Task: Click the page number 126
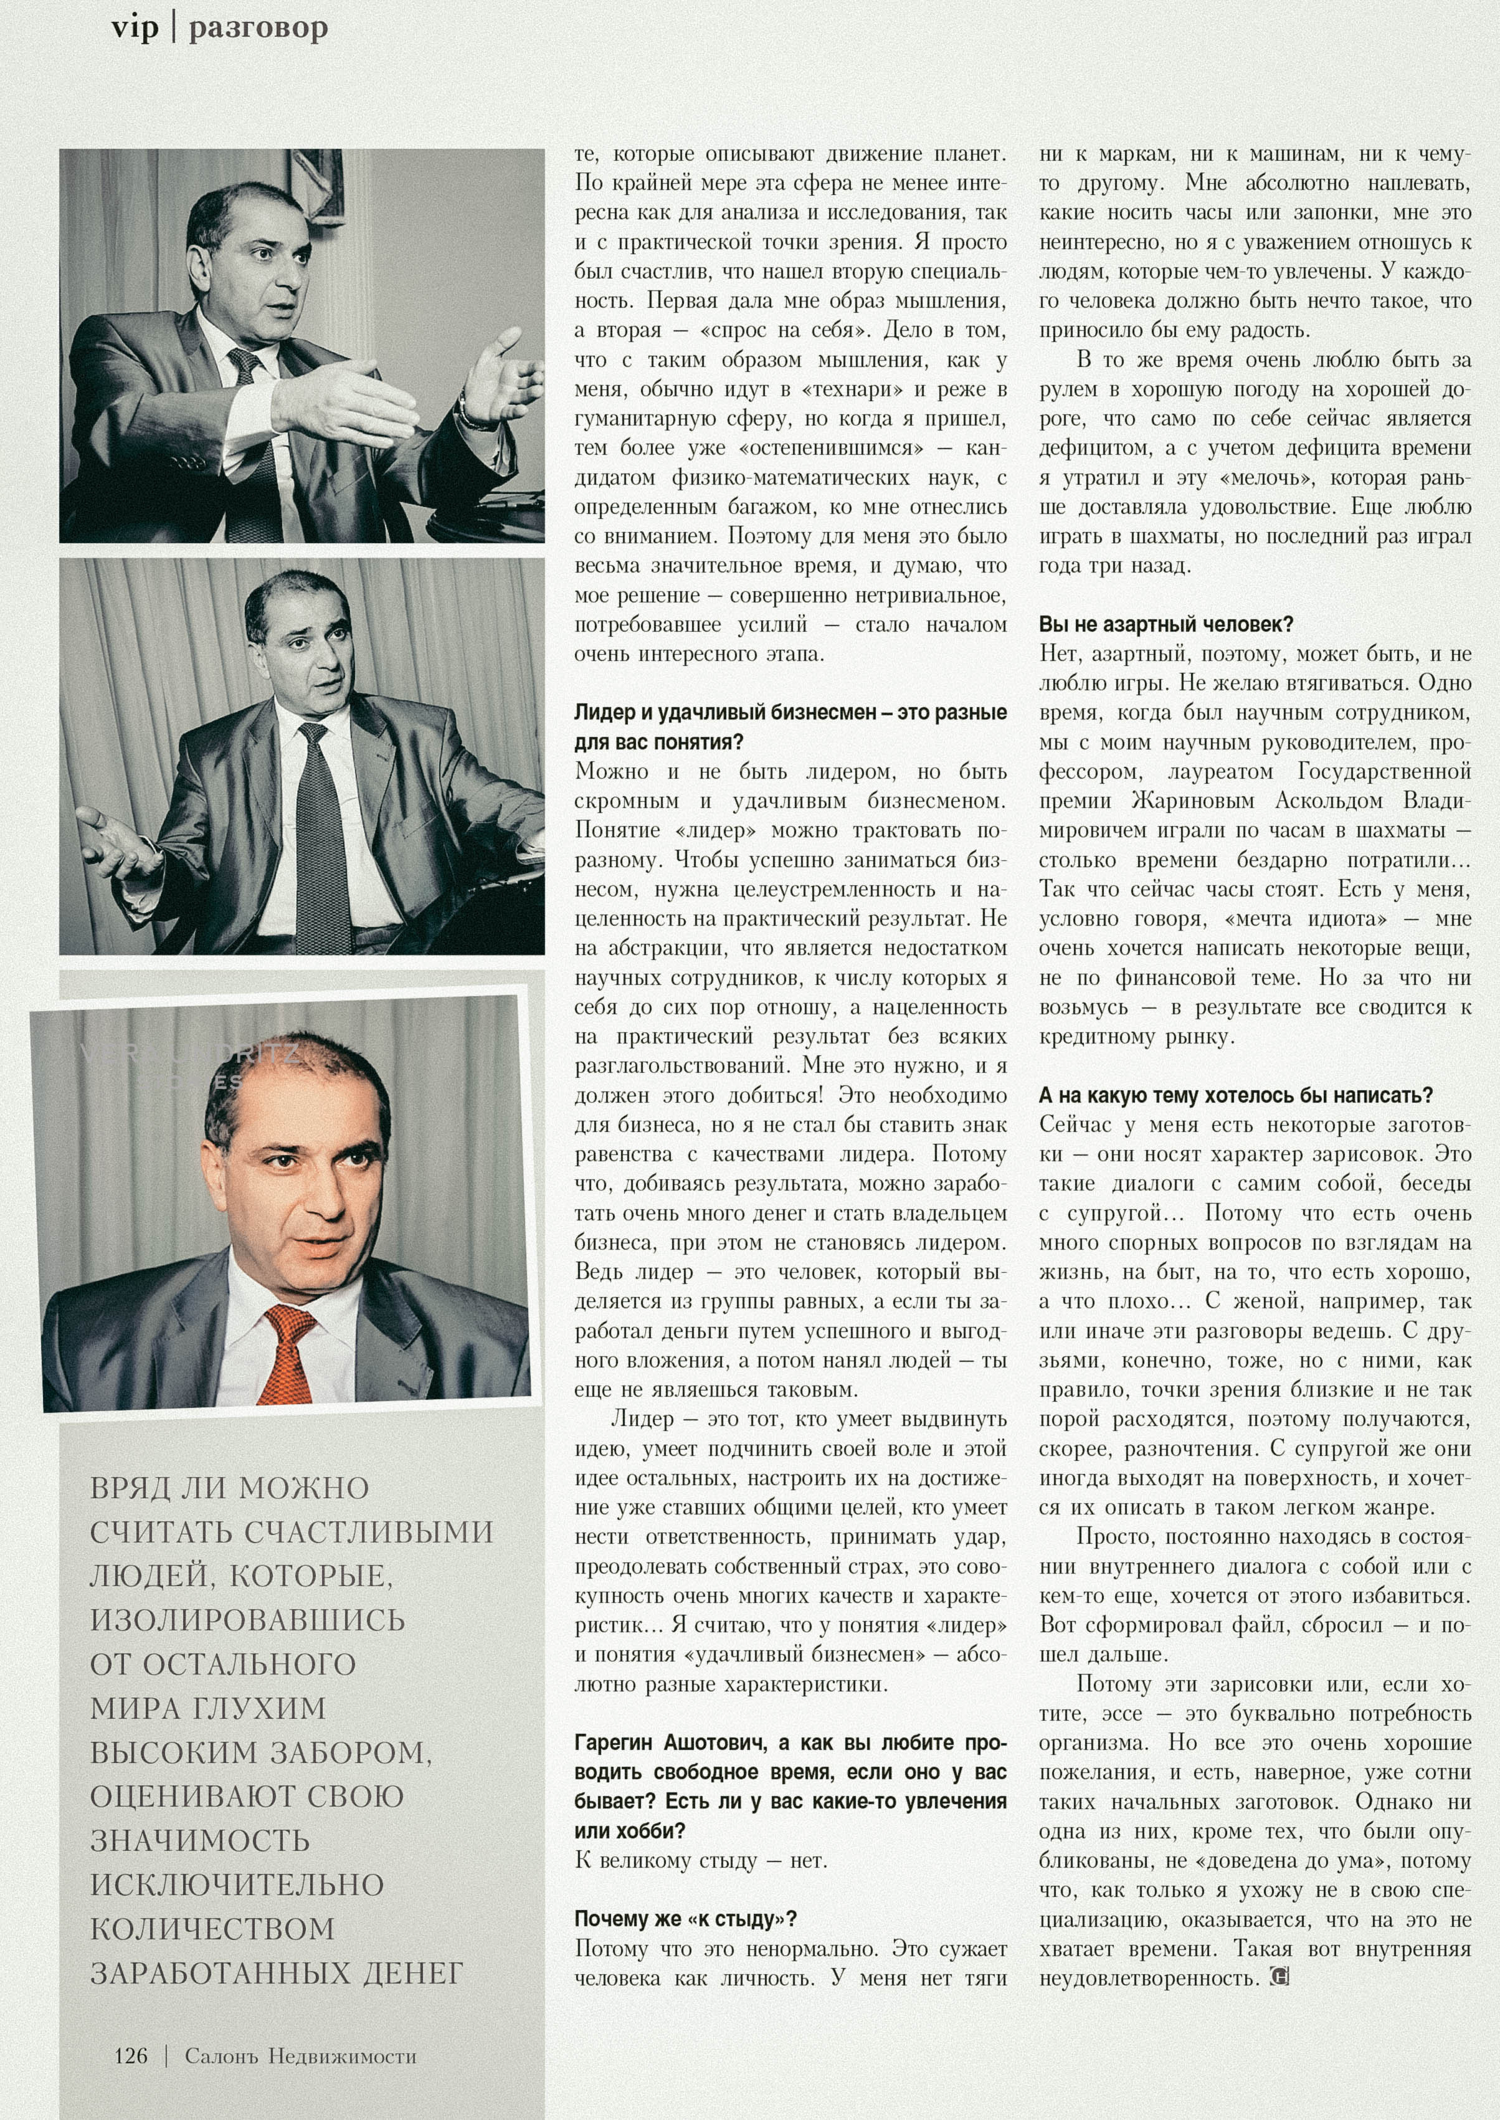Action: click(130, 2055)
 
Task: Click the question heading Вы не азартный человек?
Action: click(1165, 624)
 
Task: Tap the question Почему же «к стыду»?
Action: click(685, 1919)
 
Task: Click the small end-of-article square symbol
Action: click(1279, 1978)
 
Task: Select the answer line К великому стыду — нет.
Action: click(701, 1860)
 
